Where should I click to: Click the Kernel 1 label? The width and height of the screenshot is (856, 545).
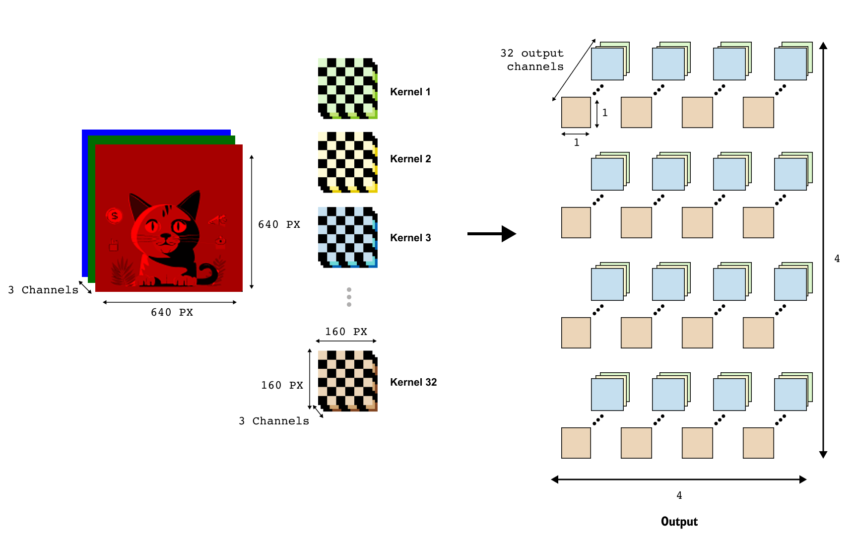[x=410, y=92]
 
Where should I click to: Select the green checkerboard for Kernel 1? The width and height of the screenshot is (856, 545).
[x=347, y=88]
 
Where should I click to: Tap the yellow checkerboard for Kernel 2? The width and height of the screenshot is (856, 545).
[x=347, y=162]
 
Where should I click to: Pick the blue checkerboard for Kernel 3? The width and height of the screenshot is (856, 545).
[x=347, y=237]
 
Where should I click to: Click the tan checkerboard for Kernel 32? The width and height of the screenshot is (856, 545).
[x=347, y=381]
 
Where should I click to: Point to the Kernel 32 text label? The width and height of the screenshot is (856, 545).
[x=413, y=382]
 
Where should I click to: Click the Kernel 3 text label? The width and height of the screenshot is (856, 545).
[x=410, y=238]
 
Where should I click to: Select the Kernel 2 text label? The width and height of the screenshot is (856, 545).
[x=410, y=159]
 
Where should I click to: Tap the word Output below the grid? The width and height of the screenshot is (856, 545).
[x=679, y=522]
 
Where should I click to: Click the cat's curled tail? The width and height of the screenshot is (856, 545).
[x=208, y=274]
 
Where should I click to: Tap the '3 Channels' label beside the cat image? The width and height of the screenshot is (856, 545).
[x=43, y=290]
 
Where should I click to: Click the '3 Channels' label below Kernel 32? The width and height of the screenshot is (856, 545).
[x=274, y=421]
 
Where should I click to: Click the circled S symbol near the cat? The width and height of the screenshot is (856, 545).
[x=114, y=216]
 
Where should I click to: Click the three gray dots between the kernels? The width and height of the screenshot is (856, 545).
[x=349, y=297]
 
